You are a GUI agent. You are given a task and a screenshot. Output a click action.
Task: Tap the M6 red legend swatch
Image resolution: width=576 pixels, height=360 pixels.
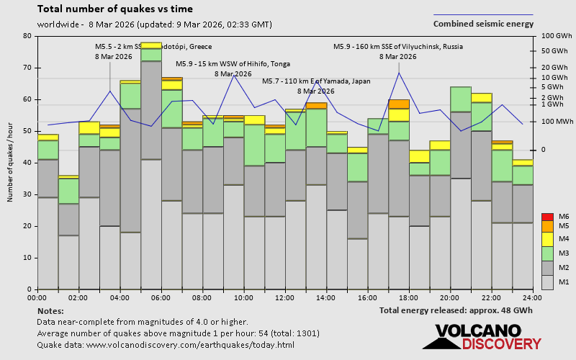pyautogui.click(x=548, y=217)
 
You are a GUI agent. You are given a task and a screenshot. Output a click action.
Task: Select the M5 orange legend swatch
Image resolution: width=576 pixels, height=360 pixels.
pyautogui.click(x=548, y=227)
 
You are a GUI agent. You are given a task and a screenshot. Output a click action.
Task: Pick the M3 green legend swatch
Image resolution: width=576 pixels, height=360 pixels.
pyautogui.click(x=548, y=253)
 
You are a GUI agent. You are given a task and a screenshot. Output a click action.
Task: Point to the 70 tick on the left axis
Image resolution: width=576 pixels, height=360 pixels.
pyautogui.click(x=27, y=68)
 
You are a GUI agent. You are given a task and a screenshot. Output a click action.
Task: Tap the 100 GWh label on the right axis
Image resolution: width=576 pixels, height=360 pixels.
pyautogui.click(x=556, y=36)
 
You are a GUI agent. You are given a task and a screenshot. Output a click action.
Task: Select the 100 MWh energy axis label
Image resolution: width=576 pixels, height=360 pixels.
pyautogui.click(x=555, y=122)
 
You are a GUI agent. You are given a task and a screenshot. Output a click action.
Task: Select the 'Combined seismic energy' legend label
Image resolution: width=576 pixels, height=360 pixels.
pyautogui.click(x=483, y=24)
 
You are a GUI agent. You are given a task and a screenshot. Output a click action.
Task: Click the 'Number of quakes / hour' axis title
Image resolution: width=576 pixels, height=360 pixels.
pyautogui.click(x=11, y=162)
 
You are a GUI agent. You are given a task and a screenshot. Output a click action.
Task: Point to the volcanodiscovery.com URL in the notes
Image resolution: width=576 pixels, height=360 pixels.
pyautogui.click(x=165, y=345)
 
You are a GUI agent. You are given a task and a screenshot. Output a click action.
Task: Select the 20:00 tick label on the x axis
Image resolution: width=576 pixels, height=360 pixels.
pyautogui.click(x=451, y=297)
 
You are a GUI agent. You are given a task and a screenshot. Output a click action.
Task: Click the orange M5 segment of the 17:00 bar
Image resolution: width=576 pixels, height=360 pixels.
pyautogui.click(x=398, y=104)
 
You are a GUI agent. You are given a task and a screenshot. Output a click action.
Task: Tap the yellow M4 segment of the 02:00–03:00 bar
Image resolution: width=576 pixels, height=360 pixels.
pyautogui.click(x=89, y=127)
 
